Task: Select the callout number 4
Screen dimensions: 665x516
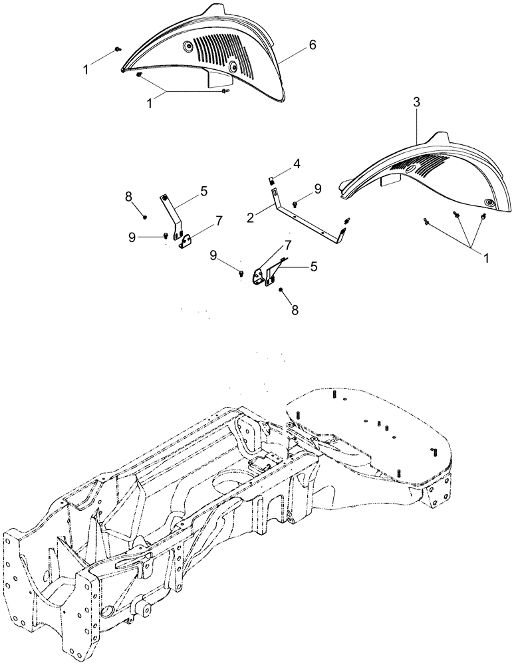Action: click(297, 163)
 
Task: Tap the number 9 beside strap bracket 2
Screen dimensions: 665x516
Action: click(317, 189)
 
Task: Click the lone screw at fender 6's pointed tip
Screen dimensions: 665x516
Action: click(118, 49)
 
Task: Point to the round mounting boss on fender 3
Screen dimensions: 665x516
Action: click(490, 202)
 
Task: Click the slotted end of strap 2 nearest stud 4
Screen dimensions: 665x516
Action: click(275, 192)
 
